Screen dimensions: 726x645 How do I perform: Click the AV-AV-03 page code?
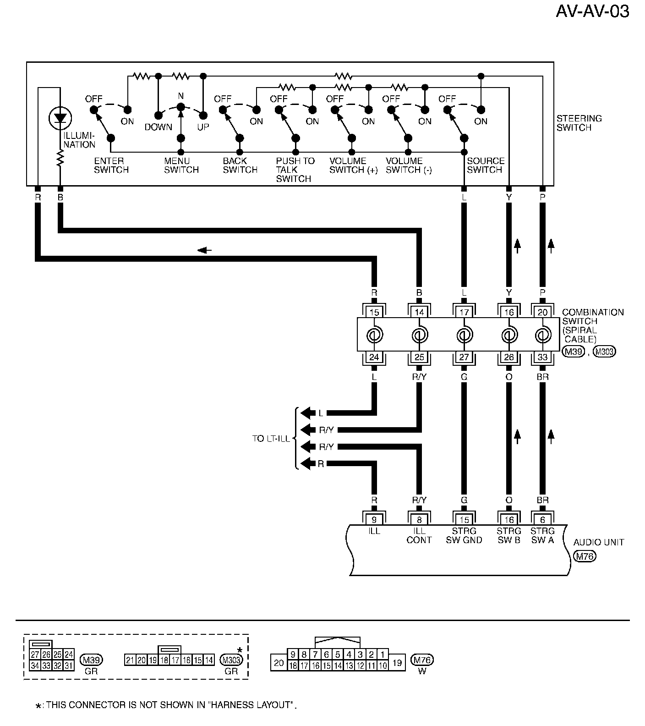coord(592,11)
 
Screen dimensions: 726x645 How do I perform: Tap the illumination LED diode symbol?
coord(60,118)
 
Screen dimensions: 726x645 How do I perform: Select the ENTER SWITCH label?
coord(111,165)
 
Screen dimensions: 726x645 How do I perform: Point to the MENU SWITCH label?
coord(181,165)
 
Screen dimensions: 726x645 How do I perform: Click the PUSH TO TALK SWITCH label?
coord(295,170)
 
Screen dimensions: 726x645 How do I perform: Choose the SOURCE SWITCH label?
coord(486,165)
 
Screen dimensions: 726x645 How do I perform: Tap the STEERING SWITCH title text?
coord(579,123)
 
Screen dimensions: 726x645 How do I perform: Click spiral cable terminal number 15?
coord(374,313)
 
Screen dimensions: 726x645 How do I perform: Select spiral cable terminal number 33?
coord(542,357)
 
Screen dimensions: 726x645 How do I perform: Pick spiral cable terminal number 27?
coord(464,357)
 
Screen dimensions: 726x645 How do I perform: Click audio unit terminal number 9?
coord(374,520)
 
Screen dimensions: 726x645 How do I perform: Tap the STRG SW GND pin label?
coord(464,535)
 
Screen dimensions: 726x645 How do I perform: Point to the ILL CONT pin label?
coord(419,535)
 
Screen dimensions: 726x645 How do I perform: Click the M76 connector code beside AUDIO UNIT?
coord(585,556)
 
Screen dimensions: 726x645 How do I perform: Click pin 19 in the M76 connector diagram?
coord(397,662)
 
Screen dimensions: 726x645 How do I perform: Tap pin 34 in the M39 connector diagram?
coord(35,665)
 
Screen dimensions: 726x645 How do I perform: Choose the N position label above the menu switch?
coord(181,96)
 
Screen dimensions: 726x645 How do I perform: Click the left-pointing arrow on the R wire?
coord(204,250)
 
